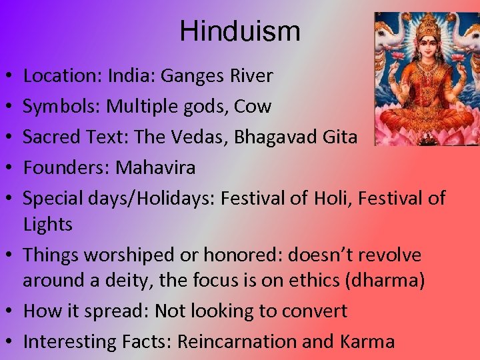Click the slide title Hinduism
point(240,31)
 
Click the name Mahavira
point(155,167)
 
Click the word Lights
point(47,225)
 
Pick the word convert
point(313,311)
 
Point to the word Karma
point(366,342)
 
